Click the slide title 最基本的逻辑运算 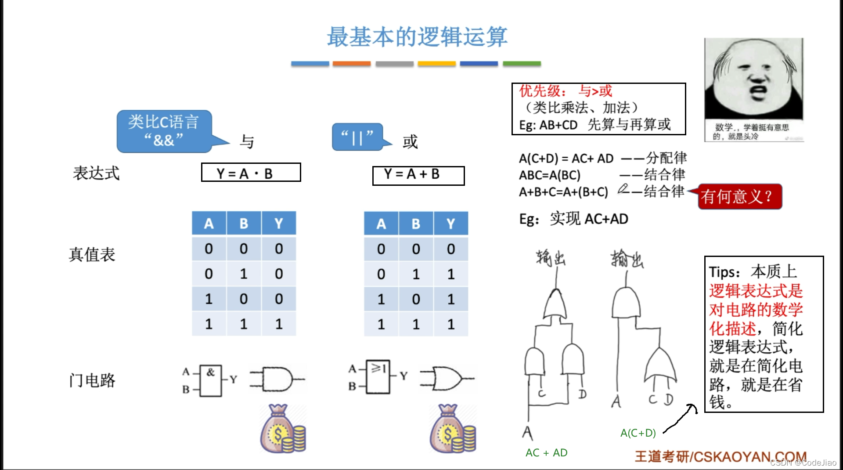[417, 37]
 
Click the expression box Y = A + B [418, 175]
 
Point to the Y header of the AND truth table [279, 224]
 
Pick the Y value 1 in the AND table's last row [279, 324]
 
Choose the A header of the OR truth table [381, 224]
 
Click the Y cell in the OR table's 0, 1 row [451, 274]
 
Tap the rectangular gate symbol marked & [211, 380]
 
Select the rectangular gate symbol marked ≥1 [378, 376]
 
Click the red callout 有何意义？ [739, 196]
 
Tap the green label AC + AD [546, 452]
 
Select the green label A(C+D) [638, 433]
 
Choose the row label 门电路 [92, 380]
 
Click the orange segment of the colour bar [352, 64]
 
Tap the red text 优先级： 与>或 [566, 91]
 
